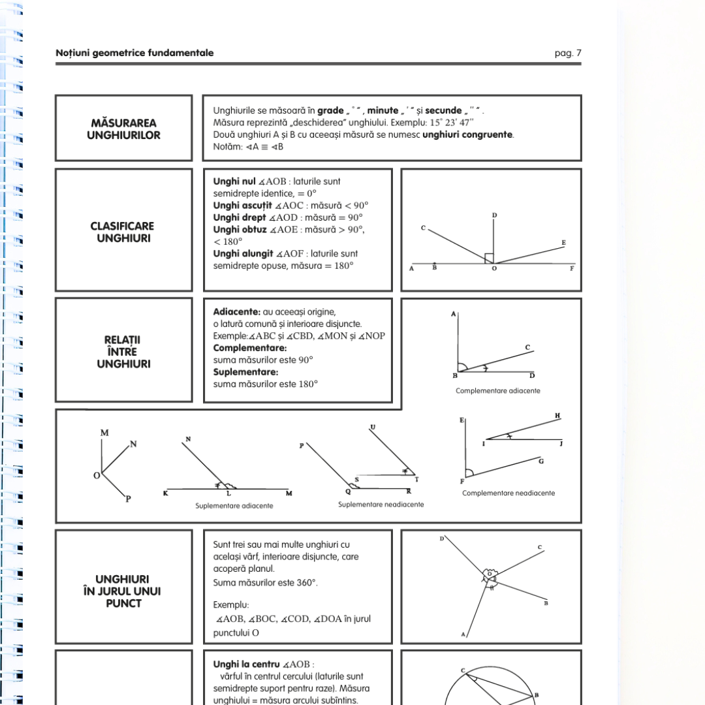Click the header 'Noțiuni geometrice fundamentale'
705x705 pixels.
pos(134,53)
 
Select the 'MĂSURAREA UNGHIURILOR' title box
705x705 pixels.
pos(124,129)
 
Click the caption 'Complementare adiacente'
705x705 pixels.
pos(497,391)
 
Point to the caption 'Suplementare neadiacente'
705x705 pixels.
pos(381,505)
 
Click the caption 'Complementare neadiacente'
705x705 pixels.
pos(509,493)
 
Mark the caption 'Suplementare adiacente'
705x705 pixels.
pos(234,505)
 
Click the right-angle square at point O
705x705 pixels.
pos(489,258)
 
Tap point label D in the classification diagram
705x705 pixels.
pos(494,215)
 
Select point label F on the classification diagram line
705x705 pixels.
pos(572,269)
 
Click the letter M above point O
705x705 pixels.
pos(104,433)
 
